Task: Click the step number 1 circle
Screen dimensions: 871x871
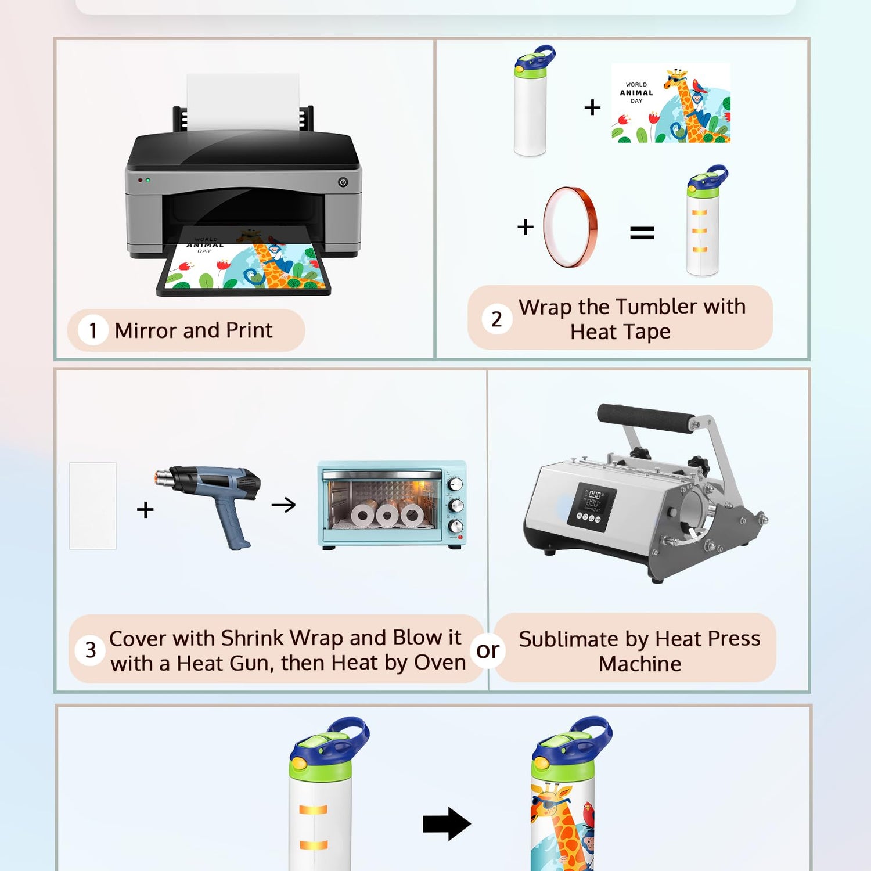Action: point(93,330)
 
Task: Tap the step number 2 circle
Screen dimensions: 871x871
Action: point(496,319)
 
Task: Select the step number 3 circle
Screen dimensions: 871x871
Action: point(91,650)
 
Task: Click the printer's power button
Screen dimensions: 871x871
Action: point(343,182)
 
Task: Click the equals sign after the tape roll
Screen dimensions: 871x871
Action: point(642,233)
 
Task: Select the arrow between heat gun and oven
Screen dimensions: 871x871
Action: point(283,505)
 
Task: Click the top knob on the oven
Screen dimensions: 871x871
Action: point(456,484)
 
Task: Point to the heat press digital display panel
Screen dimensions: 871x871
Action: point(592,507)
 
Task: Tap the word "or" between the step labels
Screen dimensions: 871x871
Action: point(488,651)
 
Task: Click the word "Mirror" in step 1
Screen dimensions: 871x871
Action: point(146,330)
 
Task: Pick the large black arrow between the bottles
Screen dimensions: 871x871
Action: point(447,823)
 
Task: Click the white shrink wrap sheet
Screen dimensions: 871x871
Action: point(93,506)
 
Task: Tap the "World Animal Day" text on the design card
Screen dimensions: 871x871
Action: point(636,93)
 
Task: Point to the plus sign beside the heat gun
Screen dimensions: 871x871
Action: point(145,510)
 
